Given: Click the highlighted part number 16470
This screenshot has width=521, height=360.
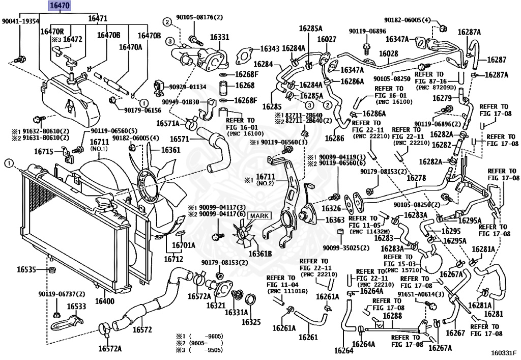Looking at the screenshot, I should (60, 6).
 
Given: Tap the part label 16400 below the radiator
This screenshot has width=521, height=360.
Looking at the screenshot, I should (105, 302).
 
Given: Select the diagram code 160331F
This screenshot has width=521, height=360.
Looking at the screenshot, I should (503, 352).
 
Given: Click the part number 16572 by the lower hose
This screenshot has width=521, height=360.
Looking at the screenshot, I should (142, 329).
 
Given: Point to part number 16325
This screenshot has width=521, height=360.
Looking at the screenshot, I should (251, 322).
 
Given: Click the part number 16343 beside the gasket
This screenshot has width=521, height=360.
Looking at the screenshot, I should (270, 48).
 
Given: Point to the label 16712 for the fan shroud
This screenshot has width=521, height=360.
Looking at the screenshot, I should (173, 259).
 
